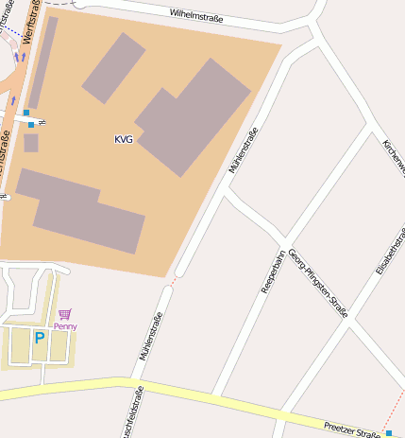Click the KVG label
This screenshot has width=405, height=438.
(x=123, y=139)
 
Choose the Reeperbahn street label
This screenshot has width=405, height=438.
(x=273, y=271)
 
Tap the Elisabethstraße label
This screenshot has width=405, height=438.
(x=389, y=250)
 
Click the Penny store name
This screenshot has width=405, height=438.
(x=65, y=326)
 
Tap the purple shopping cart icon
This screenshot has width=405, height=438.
(x=64, y=314)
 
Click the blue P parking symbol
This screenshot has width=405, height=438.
(x=40, y=338)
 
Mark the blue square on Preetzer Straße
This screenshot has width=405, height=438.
(x=389, y=433)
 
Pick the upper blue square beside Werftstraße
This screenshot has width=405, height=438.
(x=26, y=113)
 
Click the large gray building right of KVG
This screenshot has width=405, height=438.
(x=194, y=116)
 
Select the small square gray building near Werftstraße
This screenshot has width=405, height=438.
(x=31, y=143)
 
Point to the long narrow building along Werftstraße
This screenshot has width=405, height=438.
(x=42, y=62)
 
